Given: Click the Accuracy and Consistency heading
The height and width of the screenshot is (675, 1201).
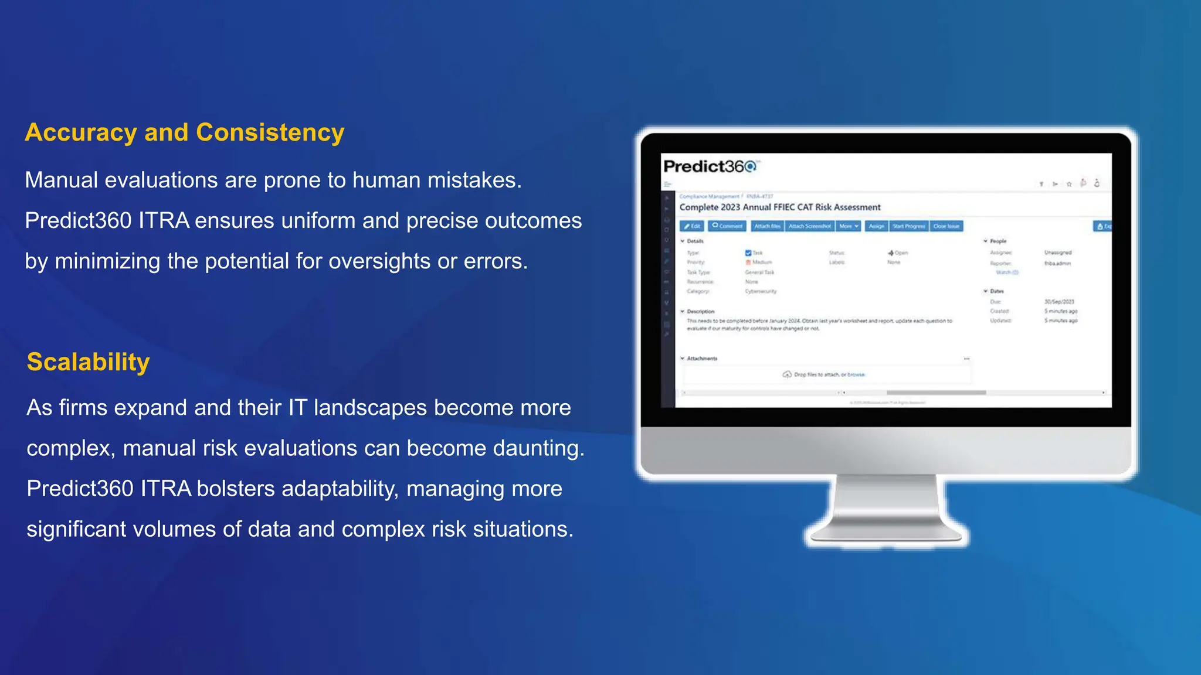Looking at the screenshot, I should [185, 132].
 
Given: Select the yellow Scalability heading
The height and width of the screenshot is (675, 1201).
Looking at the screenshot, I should [89, 362].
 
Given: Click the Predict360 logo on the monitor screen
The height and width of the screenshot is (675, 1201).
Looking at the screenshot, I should [710, 167].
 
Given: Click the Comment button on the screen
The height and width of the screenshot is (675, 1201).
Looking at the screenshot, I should [727, 226].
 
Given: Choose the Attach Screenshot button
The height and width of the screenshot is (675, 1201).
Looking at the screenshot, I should [809, 226].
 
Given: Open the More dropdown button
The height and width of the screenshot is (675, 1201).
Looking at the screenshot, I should [849, 226].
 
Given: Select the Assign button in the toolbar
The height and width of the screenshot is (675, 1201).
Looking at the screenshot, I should [876, 226].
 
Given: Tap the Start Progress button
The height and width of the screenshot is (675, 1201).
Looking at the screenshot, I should [908, 226].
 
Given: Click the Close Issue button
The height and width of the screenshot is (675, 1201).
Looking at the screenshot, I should [946, 226].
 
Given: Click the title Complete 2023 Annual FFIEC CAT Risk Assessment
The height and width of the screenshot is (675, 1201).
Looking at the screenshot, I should [780, 207].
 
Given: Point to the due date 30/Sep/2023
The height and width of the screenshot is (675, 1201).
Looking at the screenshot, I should [1059, 302].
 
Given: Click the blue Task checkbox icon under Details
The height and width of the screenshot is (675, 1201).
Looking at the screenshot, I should [748, 253].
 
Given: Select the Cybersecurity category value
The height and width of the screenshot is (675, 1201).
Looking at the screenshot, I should [761, 291].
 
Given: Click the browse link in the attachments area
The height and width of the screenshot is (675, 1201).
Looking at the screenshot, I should [856, 374].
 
